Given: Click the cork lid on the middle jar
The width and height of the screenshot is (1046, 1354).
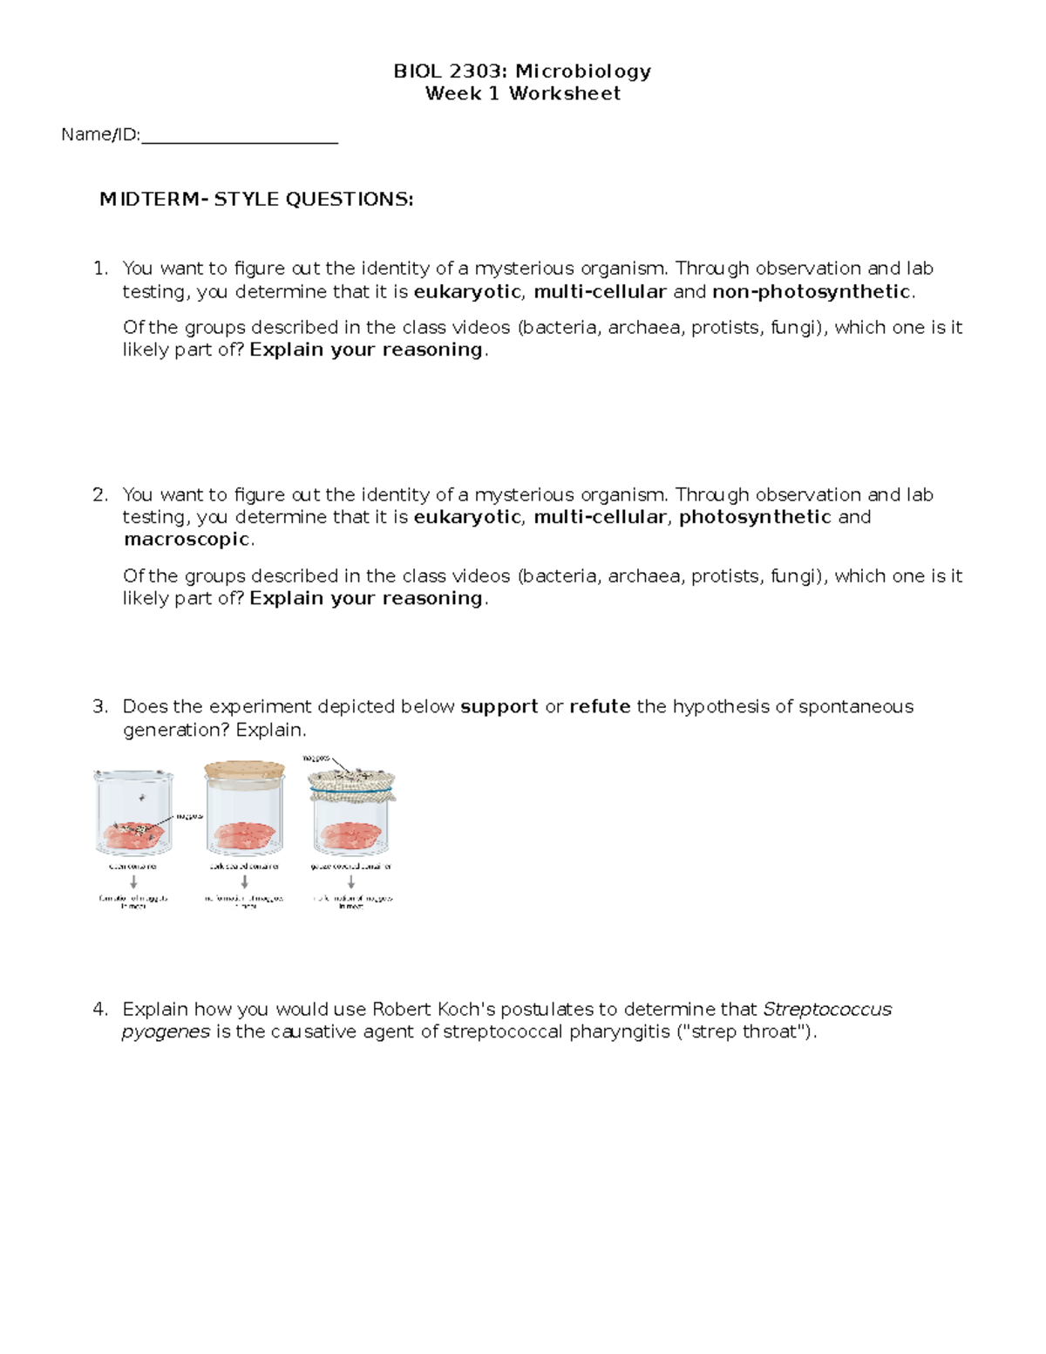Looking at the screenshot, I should (244, 771).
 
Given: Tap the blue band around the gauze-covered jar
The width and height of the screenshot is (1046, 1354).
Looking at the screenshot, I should (352, 794).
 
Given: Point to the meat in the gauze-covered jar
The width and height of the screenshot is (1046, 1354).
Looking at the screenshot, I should (351, 837).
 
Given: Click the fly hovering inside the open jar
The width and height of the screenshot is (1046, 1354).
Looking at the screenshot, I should (141, 799).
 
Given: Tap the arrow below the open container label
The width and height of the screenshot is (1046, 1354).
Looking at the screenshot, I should (133, 882).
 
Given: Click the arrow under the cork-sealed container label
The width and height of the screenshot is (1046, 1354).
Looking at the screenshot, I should (244, 882).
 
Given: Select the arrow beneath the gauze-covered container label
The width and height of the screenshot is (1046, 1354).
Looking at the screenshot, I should (351, 882).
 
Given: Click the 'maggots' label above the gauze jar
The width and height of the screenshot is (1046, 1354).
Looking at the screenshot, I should (316, 759).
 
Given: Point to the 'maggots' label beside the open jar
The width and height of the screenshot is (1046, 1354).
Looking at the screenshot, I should (190, 817).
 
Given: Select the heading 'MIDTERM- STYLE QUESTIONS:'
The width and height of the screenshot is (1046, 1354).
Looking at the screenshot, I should (256, 200).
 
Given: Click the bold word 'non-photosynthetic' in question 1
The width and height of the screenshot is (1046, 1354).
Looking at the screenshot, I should (812, 292).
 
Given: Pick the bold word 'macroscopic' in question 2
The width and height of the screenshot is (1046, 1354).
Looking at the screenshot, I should (187, 540).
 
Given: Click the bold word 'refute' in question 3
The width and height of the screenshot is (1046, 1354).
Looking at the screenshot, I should (600, 707).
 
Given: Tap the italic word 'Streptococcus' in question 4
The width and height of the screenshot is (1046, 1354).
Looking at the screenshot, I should (827, 1010).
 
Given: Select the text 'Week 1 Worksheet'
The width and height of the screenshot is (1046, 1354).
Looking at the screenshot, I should (522, 94).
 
